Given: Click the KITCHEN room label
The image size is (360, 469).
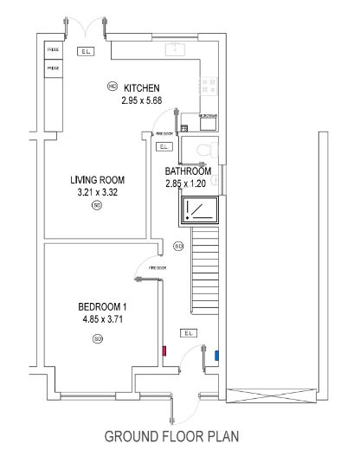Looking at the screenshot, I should pos(142,88).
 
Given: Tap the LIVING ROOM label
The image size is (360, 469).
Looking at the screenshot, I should pos(98,180).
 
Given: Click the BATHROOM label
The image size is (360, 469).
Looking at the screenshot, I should pos(189,171).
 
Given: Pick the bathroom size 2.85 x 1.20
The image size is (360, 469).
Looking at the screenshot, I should pos(189,183).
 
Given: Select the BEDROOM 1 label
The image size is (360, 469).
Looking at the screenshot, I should pos(102,306).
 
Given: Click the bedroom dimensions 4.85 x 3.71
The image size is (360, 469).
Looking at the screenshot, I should pos(102,318).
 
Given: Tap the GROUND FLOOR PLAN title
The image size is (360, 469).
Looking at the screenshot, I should pos(171,436).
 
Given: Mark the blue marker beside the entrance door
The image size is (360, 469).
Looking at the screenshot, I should pos(216,354).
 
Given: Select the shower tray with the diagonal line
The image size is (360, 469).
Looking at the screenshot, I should pos(199,210).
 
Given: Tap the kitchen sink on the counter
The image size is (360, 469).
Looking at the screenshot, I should pos(176,49).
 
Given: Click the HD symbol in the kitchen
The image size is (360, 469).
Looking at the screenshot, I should pos(112,87).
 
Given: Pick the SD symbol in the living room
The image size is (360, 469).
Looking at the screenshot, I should pos(97,206).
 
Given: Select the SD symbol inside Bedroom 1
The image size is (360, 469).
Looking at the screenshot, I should pos(97,337).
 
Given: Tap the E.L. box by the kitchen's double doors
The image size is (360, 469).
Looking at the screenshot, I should pos(85,52).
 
